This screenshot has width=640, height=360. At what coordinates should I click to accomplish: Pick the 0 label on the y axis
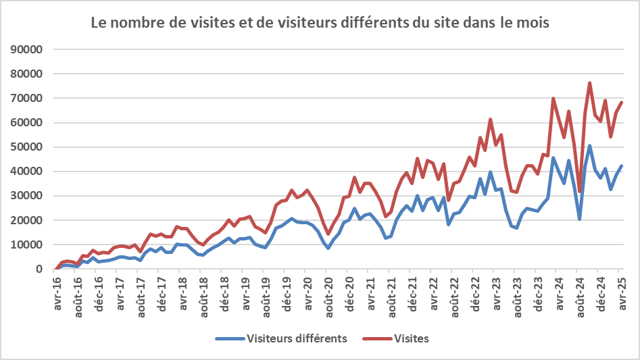pyautogui.click(x=40, y=269)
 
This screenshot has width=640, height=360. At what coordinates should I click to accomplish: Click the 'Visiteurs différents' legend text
pyautogui.click(x=297, y=338)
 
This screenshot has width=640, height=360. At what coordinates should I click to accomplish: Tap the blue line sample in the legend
pyautogui.click(x=230, y=338)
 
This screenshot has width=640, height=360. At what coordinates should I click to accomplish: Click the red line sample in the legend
pyautogui.click(x=376, y=338)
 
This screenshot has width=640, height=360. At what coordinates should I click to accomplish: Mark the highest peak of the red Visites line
pyautogui.click(x=590, y=83)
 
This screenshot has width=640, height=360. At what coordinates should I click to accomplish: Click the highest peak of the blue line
pyautogui.click(x=590, y=145)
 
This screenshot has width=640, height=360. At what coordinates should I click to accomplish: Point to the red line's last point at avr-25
pyautogui.click(x=622, y=102)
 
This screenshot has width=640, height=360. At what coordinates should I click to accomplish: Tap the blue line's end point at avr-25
pyautogui.click(x=622, y=165)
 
